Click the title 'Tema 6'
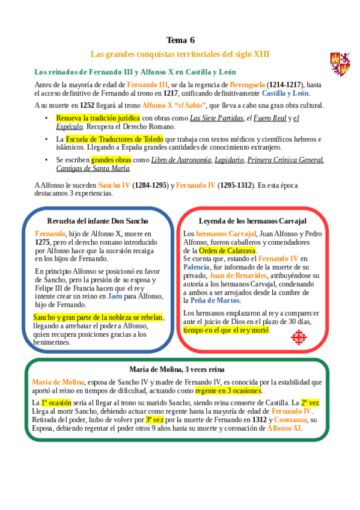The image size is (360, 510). (180, 40)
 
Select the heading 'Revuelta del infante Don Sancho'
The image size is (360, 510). (99, 221)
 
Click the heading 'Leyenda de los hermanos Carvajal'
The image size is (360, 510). (252, 221)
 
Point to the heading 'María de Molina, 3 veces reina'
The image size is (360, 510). (177, 369)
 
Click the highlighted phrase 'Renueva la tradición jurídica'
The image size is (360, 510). (98, 118)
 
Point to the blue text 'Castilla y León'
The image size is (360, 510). (285, 93)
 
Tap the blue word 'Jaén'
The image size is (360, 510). (115, 296)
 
